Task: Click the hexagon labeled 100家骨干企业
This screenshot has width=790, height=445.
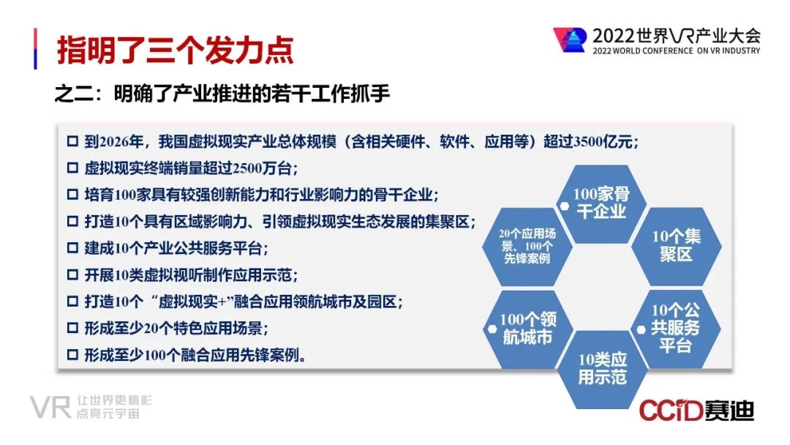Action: point(601,203)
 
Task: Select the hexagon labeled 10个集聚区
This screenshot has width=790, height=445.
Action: point(676,246)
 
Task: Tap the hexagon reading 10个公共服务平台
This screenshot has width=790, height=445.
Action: point(675,329)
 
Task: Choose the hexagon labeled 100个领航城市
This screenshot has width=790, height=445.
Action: point(527,329)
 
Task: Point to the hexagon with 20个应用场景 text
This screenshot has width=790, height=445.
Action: point(527,247)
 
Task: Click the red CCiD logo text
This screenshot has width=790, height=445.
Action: point(671,411)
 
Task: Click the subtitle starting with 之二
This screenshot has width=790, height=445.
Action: point(222,94)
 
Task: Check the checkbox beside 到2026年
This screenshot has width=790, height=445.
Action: point(72,141)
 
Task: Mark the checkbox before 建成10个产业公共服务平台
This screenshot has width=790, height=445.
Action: point(72,248)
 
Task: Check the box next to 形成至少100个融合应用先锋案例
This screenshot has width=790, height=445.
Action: point(72,355)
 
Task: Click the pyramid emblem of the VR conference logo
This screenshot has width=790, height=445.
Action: point(571,40)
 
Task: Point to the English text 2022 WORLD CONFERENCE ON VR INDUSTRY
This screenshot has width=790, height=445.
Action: point(676,51)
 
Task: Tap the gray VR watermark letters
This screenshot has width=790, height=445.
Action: point(50,407)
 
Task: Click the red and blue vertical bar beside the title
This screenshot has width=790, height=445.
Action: point(35,48)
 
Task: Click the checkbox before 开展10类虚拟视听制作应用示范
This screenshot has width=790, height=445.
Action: point(72,274)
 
